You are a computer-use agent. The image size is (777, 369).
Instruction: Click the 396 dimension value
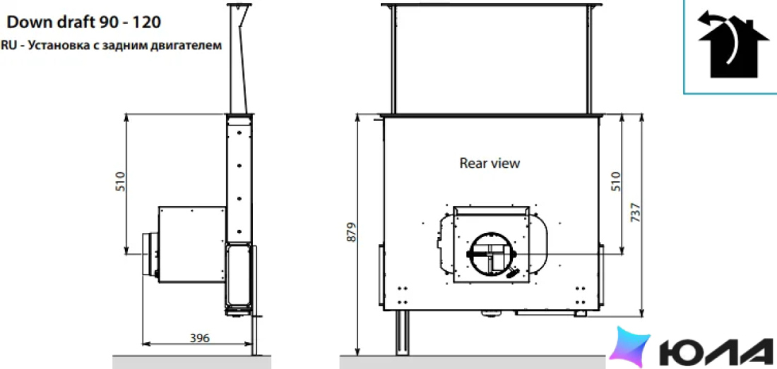point(200,339)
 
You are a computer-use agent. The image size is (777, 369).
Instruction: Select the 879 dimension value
point(350,232)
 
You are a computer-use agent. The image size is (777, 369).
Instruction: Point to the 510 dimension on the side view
point(120,181)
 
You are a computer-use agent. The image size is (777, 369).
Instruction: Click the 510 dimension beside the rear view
point(615,181)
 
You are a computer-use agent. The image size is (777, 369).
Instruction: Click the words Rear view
point(490,163)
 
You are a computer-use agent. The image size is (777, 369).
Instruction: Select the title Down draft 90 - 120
point(84,23)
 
